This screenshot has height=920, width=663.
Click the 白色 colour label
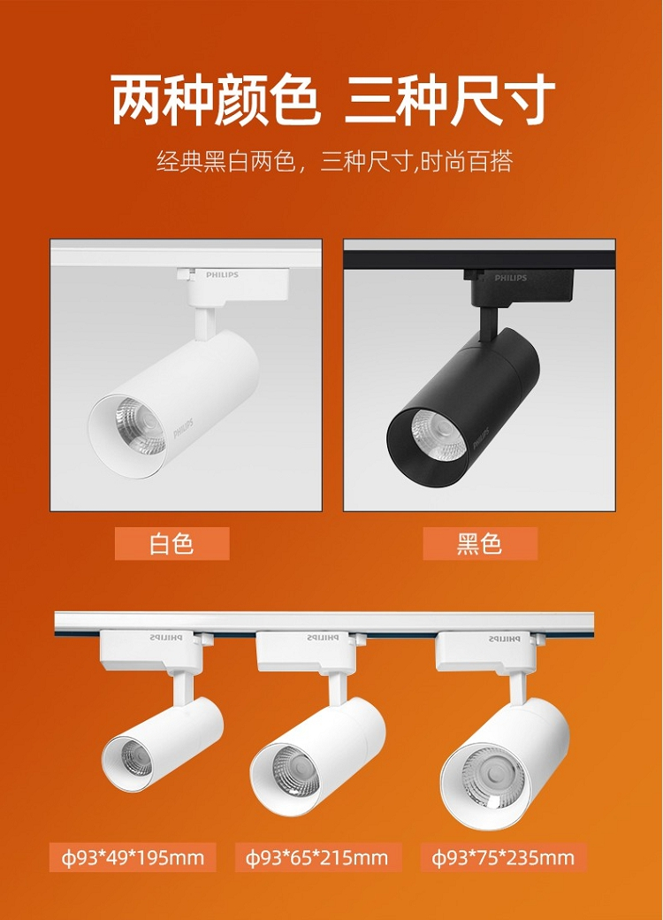point(171,543)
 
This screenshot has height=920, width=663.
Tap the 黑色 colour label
point(480,543)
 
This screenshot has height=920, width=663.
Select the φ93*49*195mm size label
point(133,857)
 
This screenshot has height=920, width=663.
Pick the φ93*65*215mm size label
point(317,857)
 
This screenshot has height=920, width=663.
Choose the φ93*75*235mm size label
point(504,857)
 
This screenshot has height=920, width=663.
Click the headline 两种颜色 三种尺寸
point(332,100)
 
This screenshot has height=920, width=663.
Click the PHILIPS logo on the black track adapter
point(511,278)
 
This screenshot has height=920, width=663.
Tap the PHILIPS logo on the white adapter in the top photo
point(222,274)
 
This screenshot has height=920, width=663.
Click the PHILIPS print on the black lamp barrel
point(481,438)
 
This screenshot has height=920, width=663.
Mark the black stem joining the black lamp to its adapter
point(488,322)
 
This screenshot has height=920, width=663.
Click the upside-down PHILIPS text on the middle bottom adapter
point(323,638)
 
